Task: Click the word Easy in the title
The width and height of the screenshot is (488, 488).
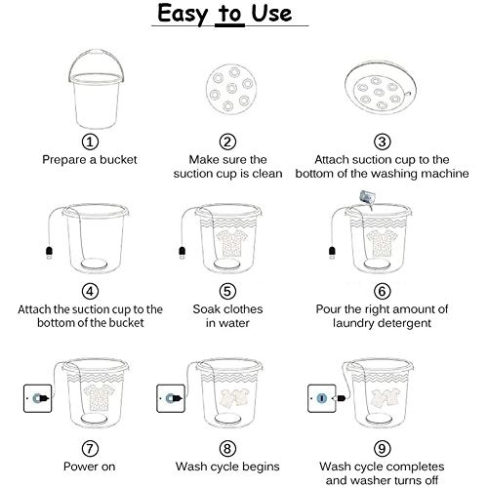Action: [x=183, y=15]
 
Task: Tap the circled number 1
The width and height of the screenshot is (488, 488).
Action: [x=90, y=142]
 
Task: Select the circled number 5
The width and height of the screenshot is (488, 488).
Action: [x=227, y=291]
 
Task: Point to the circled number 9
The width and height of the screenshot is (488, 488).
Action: [x=382, y=449]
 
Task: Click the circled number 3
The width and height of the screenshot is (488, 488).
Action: [x=382, y=142]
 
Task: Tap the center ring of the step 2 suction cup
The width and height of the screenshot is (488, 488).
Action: [x=231, y=88]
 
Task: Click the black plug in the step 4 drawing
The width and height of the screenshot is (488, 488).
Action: [x=49, y=252]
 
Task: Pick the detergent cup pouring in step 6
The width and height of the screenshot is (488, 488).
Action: [x=368, y=198]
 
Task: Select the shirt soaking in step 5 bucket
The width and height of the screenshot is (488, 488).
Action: [x=232, y=242]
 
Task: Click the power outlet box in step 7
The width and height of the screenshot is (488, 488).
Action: [x=38, y=398]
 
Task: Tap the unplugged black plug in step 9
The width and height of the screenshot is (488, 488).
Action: [x=341, y=398]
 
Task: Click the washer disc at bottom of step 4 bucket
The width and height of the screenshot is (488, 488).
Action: [x=94, y=264]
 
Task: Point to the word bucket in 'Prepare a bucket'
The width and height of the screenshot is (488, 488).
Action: [x=118, y=160]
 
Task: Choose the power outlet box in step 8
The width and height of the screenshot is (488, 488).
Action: [x=171, y=398]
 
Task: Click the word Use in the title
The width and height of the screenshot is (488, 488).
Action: [x=271, y=14]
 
